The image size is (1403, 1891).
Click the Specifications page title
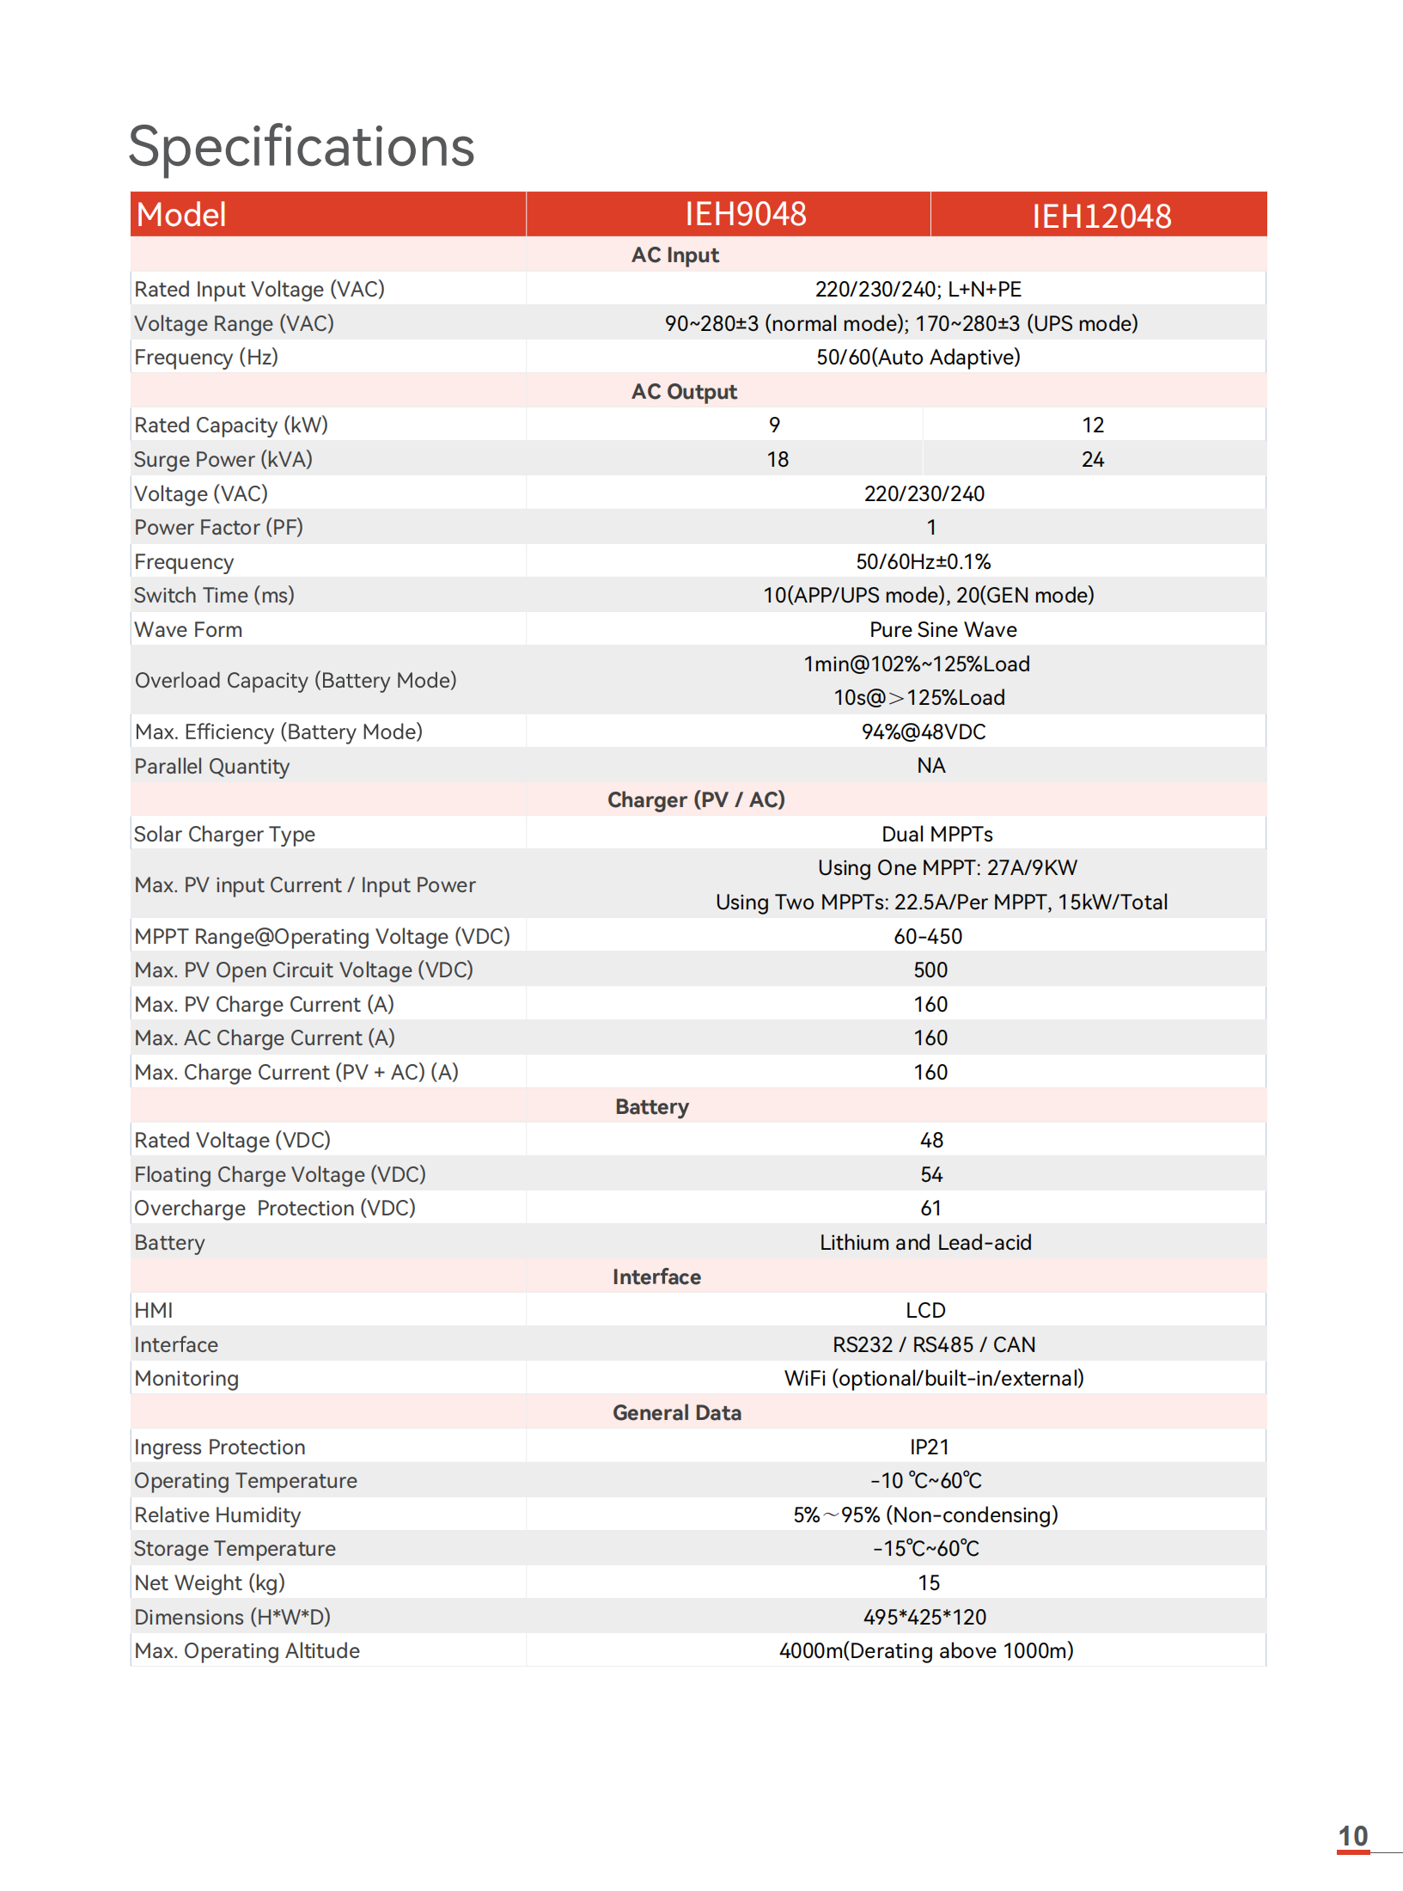(x=301, y=146)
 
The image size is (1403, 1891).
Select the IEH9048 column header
(x=745, y=214)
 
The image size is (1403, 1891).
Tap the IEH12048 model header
(x=1101, y=216)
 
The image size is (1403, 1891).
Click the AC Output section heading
(x=684, y=392)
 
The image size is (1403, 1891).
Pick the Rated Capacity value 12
(x=1092, y=425)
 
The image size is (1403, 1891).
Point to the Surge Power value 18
(x=777, y=460)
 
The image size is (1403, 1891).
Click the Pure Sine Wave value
(x=942, y=630)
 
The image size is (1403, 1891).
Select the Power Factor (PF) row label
(x=218, y=528)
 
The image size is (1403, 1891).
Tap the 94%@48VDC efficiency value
(x=924, y=732)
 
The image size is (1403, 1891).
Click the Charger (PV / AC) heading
(x=696, y=800)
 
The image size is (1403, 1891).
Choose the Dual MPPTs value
(x=936, y=835)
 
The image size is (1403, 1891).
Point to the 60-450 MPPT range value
(x=927, y=937)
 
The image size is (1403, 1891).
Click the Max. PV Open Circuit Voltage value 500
(x=930, y=970)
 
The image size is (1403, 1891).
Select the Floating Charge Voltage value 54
(x=931, y=1175)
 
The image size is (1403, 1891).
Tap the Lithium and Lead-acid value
(x=925, y=1243)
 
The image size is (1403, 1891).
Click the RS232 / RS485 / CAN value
(x=933, y=1345)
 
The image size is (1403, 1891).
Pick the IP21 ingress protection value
(x=929, y=1447)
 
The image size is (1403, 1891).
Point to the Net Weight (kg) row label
(x=210, y=1583)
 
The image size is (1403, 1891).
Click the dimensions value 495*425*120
(x=924, y=1618)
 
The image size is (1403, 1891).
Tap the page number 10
(x=1352, y=1837)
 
